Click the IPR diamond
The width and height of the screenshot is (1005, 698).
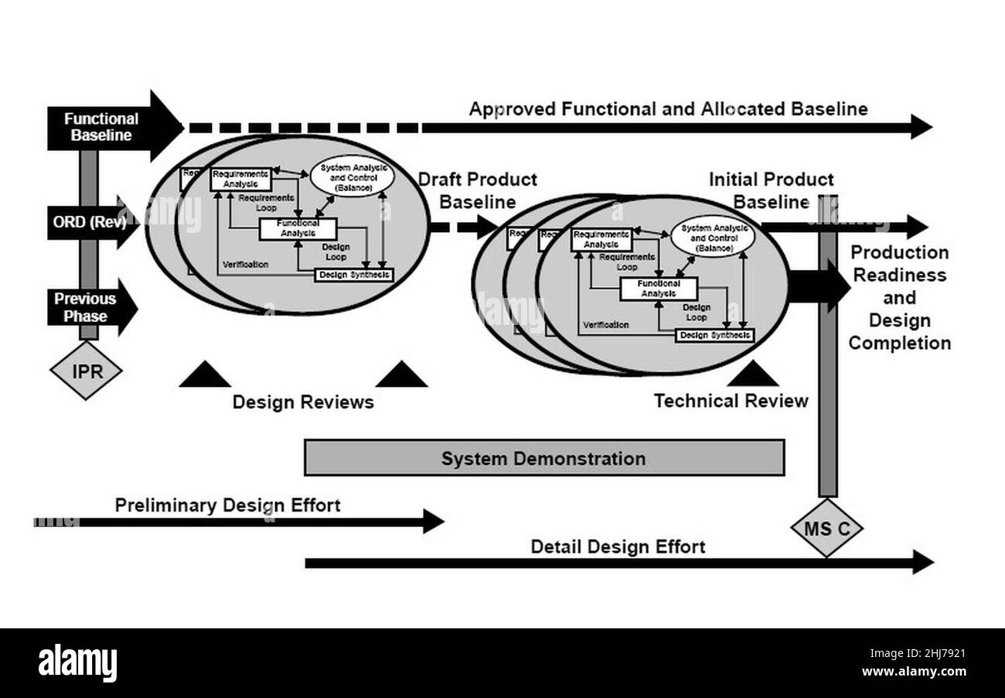pos(86,371)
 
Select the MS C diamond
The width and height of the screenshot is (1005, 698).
pos(826,529)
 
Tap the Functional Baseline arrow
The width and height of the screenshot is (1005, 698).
pos(108,127)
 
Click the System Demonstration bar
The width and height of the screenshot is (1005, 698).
pos(543,458)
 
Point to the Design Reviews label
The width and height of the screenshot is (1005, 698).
pos(303,402)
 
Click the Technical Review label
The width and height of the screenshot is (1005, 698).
pos(731,401)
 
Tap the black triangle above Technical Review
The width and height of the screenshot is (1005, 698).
pos(752,375)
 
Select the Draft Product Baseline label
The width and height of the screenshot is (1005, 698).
pos(477,190)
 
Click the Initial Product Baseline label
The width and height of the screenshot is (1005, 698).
pos(771,190)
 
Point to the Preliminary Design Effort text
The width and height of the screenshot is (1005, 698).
pos(227,505)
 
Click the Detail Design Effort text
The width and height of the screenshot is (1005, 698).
pos(617,547)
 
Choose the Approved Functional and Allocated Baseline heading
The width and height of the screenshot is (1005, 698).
pos(668,109)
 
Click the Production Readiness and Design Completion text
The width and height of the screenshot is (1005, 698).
pos(899,298)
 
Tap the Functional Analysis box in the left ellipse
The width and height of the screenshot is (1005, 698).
pos(297,229)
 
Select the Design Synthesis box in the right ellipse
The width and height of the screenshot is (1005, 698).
pos(714,335)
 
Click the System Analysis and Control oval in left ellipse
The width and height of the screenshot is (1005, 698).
pos(352,177)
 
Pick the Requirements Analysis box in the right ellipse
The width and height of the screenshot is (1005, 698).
pos(601,240)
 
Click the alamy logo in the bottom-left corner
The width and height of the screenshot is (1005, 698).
pos(78,664)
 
